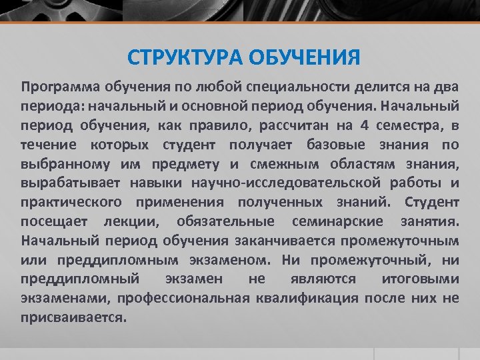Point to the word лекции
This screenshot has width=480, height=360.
136,221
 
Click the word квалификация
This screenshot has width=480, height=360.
307,298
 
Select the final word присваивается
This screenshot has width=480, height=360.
73,317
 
